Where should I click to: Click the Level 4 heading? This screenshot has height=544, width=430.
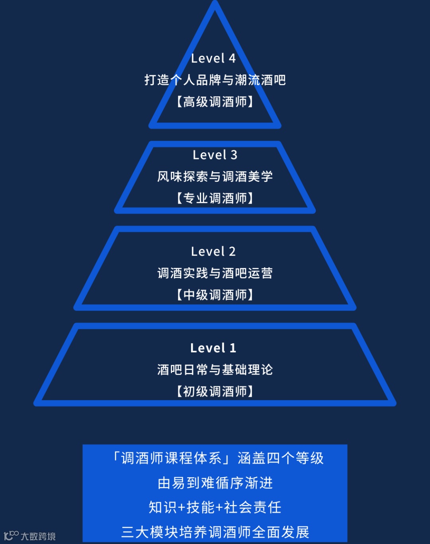[213, 58]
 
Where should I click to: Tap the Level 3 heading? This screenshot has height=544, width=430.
[215, 155]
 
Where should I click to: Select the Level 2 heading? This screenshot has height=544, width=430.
[213, 251]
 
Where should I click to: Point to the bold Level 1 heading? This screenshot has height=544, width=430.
[213, 348]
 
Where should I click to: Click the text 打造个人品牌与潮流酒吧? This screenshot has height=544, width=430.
[215, 80]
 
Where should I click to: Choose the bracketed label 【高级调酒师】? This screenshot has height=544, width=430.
[215, 102]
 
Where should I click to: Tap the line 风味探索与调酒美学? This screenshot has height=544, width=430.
[215, 176]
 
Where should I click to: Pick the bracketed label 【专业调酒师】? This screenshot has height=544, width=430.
[215, 198]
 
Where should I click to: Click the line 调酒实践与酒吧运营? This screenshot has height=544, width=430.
[215, 273]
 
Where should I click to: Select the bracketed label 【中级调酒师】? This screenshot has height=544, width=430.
[215, 295]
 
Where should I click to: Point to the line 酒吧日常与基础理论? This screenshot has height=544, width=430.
[215, 369]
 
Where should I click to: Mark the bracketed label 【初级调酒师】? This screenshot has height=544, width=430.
[215, 391]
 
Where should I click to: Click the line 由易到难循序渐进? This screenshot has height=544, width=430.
[215, 483]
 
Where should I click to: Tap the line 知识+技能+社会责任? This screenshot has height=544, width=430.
[215, 507]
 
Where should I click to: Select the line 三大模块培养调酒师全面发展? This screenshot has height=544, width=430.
[215, 532]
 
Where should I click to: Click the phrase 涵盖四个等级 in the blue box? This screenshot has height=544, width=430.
[281, 458]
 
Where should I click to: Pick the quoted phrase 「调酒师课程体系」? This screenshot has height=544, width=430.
[172, 458]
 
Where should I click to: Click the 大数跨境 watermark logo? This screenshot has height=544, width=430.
[30, 536]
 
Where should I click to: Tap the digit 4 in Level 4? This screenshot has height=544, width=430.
[232, 58]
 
